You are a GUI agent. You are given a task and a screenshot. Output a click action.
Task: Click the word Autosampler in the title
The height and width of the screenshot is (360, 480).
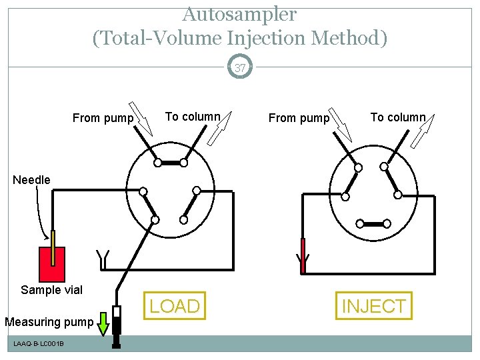(239, 13)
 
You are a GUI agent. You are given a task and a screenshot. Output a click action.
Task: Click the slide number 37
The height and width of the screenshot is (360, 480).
(240, 67)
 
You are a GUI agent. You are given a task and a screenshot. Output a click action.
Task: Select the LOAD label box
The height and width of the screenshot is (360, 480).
(175, 306)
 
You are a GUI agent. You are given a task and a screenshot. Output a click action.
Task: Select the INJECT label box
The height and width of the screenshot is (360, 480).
(373, 306)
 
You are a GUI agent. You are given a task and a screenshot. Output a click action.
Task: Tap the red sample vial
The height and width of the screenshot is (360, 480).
(52, 265)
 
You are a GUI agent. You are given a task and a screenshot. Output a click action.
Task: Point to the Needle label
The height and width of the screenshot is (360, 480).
(32, 180)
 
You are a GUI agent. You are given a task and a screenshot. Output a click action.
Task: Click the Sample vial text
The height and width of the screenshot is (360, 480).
(51, 290)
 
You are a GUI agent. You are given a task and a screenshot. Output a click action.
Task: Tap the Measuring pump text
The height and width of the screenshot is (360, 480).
(49, 323)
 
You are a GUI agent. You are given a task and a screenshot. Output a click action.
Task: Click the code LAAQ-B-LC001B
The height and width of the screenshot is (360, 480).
(39, 343)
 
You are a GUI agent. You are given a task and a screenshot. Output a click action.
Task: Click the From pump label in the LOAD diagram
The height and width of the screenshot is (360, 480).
(103, 118)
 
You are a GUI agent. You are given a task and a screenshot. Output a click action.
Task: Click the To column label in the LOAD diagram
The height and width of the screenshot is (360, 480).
(192, 117)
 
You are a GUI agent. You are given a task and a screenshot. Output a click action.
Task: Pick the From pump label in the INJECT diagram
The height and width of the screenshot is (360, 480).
(299, 118)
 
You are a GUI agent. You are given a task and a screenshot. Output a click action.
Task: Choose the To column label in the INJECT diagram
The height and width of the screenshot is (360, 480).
(397, 117)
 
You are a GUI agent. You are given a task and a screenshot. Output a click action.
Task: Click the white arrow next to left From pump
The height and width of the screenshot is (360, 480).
(140, 114)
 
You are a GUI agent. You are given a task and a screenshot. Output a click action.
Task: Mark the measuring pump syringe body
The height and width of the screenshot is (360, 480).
(116, 323)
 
